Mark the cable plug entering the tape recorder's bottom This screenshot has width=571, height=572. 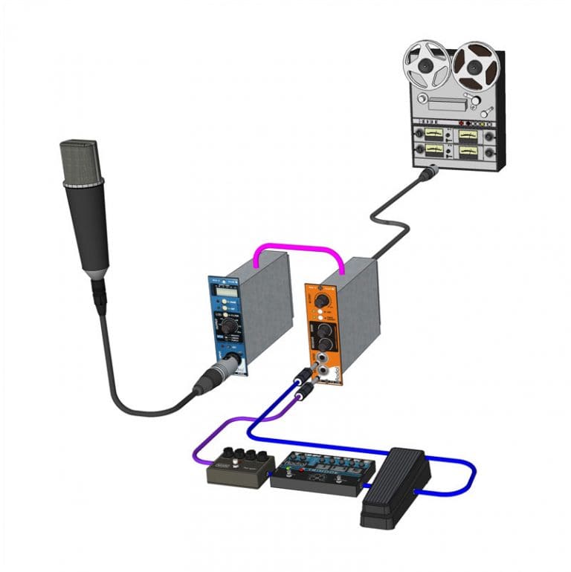click(429, 175)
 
